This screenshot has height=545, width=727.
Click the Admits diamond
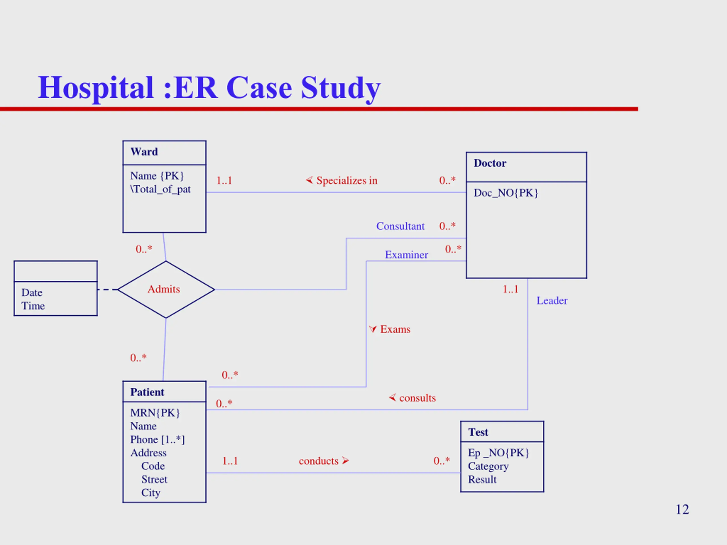pyautogui.click(x=166, y=290)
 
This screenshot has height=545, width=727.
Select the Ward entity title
pyautogui.click(x=144, y=152)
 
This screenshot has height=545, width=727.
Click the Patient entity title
pyautogui.click(x=147, y=392)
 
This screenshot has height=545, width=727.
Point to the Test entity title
pyautogui.click(x=478, y=432)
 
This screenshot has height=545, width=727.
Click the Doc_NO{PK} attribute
pyautogui.click(x=505, y=193)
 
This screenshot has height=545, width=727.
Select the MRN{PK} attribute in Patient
pyautogui.click(x=155, y=413)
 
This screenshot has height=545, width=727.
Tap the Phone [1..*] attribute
pyautogui.click(x=157, y=439)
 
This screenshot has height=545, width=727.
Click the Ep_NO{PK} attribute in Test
pyautogui.click(x=498, y=453)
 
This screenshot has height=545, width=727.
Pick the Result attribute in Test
pyautogui.click(x=482, y=480)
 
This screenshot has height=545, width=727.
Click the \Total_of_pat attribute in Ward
pyautogui.click(x=160, y=190)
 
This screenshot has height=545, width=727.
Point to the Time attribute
pyautogui.click(x=33, y=306)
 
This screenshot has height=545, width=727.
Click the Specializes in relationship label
pyautogui.click(x=347, y=180)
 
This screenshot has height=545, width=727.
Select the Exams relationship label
pyautogui.click(x=395, y=329)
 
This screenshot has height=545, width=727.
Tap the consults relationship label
pyautogui.click(x=417, y=398)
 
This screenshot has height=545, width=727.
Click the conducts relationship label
pyautogui.click(x=318, y=461)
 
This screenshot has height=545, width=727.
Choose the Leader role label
pyautogui.click(x=552, y=301)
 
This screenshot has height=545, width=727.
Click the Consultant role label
pyautogui.click(x=400, y=226)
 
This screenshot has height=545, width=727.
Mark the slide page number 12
pyautogui.click(x=682, y=510)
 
